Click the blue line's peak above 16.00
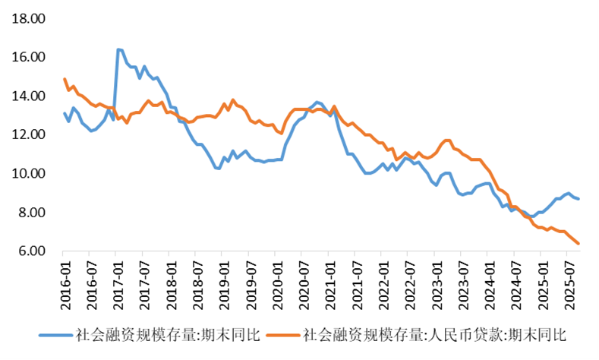118,49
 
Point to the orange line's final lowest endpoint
579,244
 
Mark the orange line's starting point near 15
65,79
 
